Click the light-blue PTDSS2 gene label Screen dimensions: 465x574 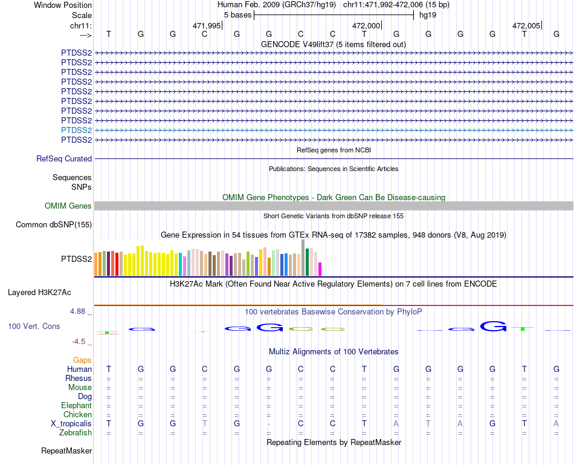coord(76,130)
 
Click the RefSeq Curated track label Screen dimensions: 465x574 coord(64,158)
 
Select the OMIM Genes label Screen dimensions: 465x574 coord(68,206)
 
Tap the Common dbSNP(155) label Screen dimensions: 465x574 coord(54,225)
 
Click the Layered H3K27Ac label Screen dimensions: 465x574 coord(39,293)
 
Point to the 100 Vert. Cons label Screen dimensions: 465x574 coord(34,326)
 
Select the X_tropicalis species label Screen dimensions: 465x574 coord(71,424)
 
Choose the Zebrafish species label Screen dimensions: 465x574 coord(76,433)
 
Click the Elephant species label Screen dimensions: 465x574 coord(76,406)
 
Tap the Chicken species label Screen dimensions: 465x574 coord(77,415)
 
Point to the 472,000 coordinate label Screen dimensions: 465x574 coord(366,26)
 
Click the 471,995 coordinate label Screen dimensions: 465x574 coord(207,26)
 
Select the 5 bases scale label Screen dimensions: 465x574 coord(237,15)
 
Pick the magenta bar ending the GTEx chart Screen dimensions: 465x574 coord(320,268)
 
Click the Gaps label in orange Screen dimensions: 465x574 coord(82,360)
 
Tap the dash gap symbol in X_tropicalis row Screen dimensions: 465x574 coord(268,424)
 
